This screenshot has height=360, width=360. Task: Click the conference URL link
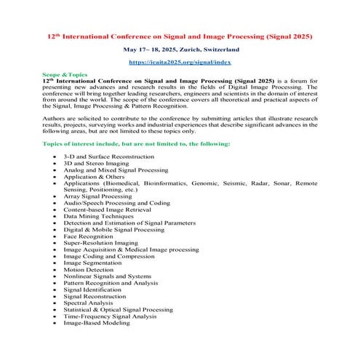point(180,63)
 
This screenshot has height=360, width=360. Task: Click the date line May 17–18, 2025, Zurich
point(180,49)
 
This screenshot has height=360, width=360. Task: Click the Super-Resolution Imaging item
point(100,243)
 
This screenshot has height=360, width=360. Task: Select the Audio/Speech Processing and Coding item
point(116,203)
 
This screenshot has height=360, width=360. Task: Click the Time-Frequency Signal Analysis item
point(110,316)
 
